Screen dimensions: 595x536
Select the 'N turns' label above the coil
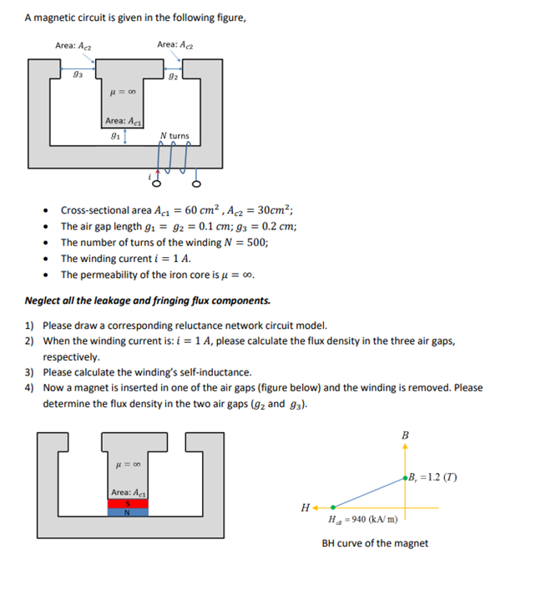[174, 135]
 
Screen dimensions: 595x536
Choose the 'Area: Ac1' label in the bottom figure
[128, 492]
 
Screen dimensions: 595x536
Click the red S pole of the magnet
[128, 503]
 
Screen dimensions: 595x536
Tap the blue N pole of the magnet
[128, 512]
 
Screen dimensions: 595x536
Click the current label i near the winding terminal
[148, 175]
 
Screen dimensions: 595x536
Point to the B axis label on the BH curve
[406, 435]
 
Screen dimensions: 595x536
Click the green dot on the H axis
[333, 506]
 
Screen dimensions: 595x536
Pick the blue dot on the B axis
[406, 477]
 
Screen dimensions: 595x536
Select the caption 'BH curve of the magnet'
[375, 543]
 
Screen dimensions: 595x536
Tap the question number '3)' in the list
[29, 372]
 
